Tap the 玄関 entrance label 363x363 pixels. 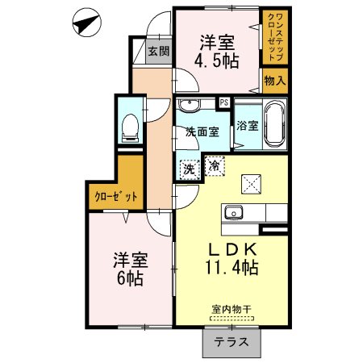[158, 52]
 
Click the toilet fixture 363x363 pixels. [129, 127]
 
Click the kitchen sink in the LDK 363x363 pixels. [236, 213]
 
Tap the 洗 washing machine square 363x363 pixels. [189, 169]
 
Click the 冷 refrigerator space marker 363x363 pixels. [215, 165]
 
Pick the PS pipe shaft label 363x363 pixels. [223, 102]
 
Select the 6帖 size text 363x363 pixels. [129, 279]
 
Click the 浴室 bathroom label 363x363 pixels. [248, 125]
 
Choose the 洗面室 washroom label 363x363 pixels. [202, 131]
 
